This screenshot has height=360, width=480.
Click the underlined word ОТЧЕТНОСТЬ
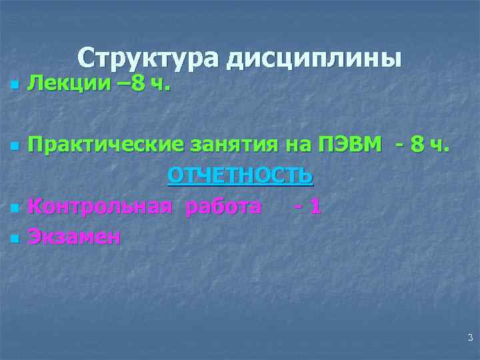240,175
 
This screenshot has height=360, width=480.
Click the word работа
223,207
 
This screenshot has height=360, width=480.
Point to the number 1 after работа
315,207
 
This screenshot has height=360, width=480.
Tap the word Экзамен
74,237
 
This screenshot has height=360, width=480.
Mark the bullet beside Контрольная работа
13,209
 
